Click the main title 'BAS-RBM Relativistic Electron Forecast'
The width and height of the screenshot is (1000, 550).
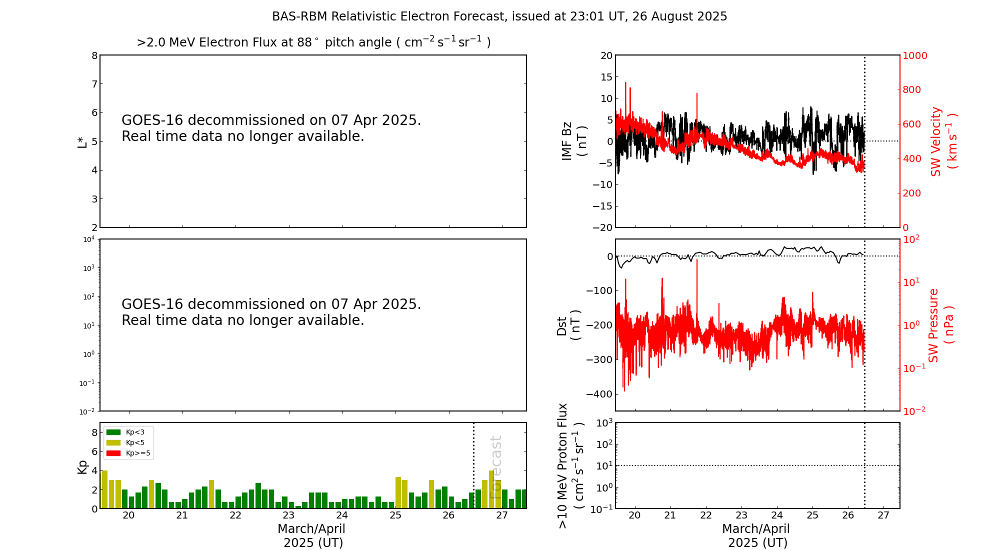click(x=499, y=16)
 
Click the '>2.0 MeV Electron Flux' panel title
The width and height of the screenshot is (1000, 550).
click(x=313, y=42)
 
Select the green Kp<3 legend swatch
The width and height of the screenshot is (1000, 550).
click(x=113, y=432)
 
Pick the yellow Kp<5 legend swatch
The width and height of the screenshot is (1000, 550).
click(x=113, y=442)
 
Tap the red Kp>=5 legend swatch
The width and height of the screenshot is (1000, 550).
click(x=113, y=453)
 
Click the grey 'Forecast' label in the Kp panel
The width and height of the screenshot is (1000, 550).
click(x=495, y=467)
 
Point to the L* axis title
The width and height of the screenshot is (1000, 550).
click(x=82, y=141)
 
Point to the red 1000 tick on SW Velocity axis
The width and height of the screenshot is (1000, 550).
click(x=914, y=55)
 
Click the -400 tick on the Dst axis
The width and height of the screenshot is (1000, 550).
click(x=602, y=394)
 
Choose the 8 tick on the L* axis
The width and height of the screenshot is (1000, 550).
click(x=94, y=55)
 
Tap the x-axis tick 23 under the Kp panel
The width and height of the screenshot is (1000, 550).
click(x=288, y=515)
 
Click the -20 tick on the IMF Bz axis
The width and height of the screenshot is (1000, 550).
click(x=602, y=227)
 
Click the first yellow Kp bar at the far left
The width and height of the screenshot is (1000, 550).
click(x=104, y=489)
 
